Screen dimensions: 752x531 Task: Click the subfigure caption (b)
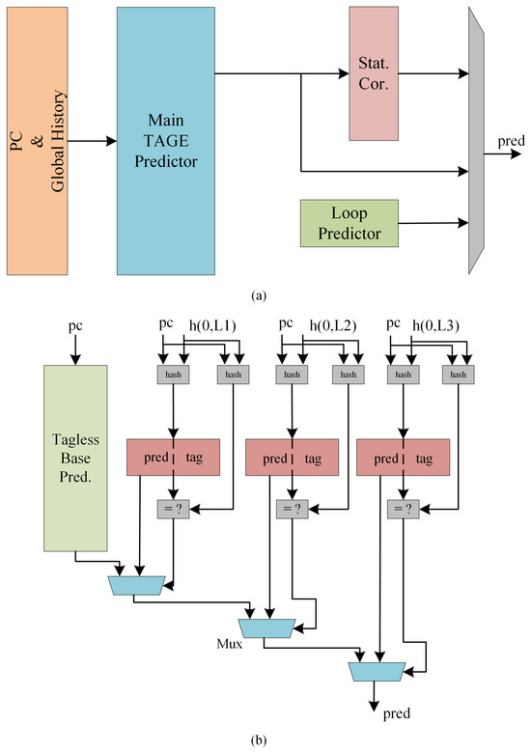click(x=265, y=741)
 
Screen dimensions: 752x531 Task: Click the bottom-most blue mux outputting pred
click(x=376, y=670)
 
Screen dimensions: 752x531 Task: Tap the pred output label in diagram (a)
click(x=512, y=142)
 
